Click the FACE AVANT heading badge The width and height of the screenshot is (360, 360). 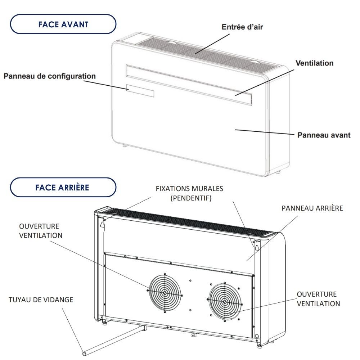pos(63,24)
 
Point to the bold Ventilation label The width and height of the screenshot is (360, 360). pos(314,63)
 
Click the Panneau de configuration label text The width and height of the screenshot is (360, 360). pos(50,76)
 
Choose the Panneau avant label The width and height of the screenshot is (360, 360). pos(324,135)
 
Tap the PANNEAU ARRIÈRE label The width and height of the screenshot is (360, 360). pos(312,208)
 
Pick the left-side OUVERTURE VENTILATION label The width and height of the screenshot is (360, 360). pos(40,231)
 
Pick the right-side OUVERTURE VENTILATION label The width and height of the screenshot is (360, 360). pos(318,299)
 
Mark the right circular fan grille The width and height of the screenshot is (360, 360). pos(225,301)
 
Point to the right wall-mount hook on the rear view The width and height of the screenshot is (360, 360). pos(257,247)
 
